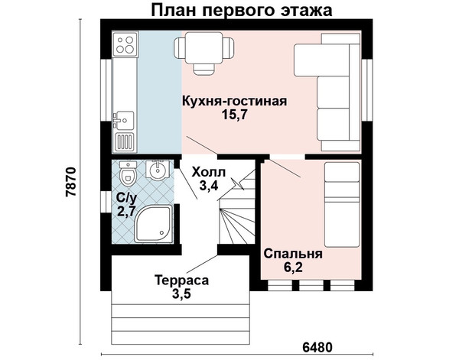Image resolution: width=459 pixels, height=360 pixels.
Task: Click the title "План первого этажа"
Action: (x=242, y=11)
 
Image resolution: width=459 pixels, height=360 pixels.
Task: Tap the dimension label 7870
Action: (x=71, y=182)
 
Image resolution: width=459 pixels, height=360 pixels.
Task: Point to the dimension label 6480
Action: (x=317, y=348)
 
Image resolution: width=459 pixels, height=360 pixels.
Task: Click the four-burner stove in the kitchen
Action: (x=125, y=44)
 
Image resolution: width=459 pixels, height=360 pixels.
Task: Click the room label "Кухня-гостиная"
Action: (x=235, y=101)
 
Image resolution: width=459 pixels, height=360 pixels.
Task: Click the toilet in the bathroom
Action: (x=128, y=174)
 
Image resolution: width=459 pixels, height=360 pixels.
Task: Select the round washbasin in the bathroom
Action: (x=158, y=170)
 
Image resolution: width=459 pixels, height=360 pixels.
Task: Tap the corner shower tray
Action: (x=154, y=224)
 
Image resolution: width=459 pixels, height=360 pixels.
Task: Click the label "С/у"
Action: (x=126, y=198)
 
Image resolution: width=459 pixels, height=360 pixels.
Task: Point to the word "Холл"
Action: (x=209, y=172)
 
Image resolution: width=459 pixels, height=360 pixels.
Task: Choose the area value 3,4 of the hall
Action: (x=209, y=186)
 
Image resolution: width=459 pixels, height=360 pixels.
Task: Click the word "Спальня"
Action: (x=293, y=254)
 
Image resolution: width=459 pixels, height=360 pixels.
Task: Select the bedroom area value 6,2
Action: (x=293, y=268)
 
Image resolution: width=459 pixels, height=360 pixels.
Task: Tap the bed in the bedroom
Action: (x=342, y=205)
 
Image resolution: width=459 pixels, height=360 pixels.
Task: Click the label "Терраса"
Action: (x=181, y=281)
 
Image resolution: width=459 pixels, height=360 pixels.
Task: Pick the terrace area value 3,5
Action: (x=181, y=294)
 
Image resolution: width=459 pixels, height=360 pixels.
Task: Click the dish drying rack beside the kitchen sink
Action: (x=125, y=141)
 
